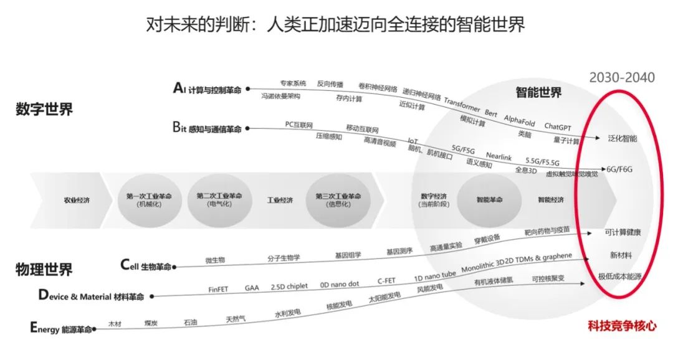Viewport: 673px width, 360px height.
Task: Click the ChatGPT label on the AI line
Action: pyautogui.click(x=558, y=126)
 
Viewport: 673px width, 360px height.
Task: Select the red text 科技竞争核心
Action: pyautogui.click(x=622, y=325)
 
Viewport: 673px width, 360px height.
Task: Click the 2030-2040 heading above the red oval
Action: pyautogui.click(x=622, y=77)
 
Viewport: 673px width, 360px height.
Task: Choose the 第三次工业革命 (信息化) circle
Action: pyautogui.click(x=338, y=200)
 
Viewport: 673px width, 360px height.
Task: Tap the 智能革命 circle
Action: pyautogui.click(x=489, y=201)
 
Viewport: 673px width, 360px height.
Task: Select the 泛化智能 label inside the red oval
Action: pyautogui.click(x=623, y=138)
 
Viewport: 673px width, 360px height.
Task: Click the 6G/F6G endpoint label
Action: pyautogui.click(x=620, y=169)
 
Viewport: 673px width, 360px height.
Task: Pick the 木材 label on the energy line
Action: pyautogui.click(x=115, y=323)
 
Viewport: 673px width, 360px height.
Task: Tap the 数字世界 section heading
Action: pyautogui.click(x=44, y=110)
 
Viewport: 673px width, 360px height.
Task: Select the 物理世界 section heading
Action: pyautogui.click(x=44, y=269)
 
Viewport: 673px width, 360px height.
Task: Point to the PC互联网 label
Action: pyautogui.click(x=298, y=125)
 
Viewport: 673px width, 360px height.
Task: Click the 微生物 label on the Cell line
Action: pyautogui.click(x=215, y=259)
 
